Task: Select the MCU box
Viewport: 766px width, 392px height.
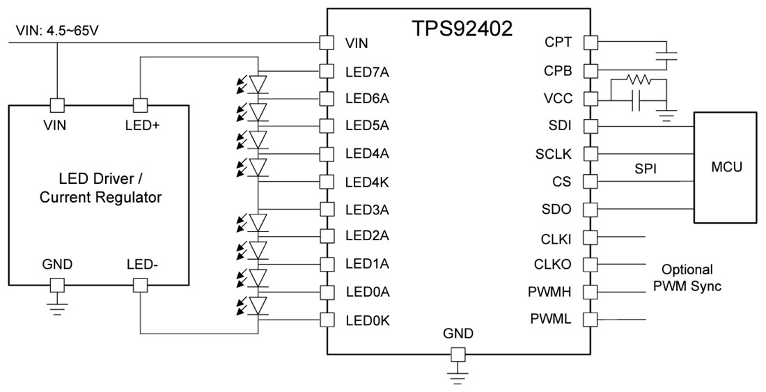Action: (726, 167)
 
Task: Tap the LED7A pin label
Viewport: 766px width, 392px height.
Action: (366, 70)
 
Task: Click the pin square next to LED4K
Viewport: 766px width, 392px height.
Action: (325, 181)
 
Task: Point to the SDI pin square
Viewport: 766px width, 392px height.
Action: (590, 126)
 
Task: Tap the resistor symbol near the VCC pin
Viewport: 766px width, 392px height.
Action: (638, 80)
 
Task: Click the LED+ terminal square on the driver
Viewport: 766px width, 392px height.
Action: (141, 105)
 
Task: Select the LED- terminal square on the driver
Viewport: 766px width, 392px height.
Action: (141, 285)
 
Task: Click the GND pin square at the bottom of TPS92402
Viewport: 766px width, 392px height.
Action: (458, 355)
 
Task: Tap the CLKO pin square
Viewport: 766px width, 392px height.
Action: (590, 265)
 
